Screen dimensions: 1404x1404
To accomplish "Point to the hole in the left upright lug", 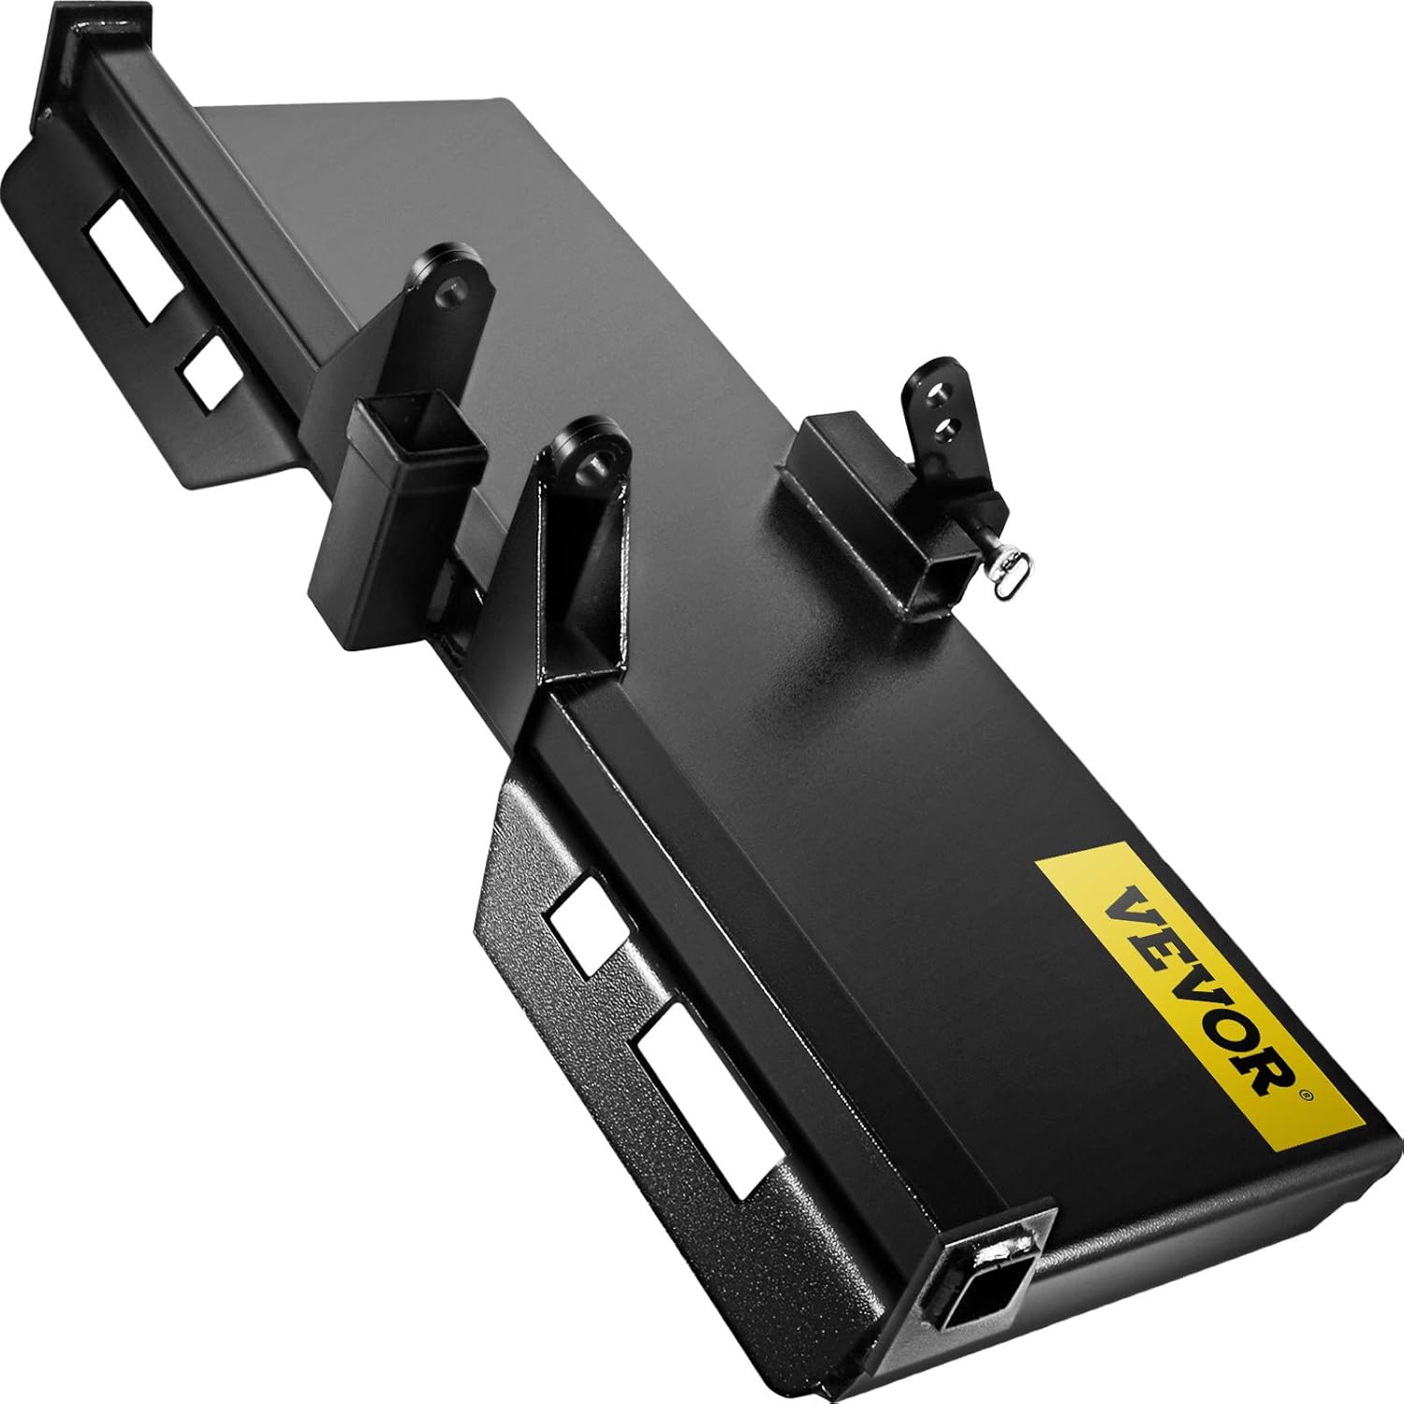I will click(453, 293).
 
